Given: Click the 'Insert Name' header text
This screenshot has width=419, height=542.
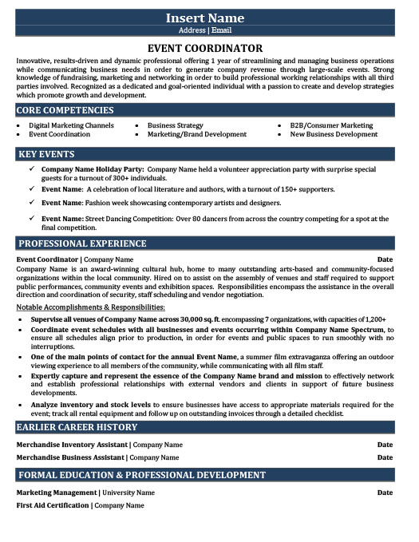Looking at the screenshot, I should tap(208, 18).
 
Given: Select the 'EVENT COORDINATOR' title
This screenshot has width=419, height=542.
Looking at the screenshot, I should tap(208, 49).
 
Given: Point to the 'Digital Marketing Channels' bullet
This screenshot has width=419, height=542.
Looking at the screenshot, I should tap(71, 125).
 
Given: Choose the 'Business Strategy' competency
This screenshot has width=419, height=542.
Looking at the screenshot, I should tap(175, 125).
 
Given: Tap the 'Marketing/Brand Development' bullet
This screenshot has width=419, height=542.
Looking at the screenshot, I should tap(196, 135).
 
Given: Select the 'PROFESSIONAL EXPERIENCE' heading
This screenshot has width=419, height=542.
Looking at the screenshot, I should tap(82, 243).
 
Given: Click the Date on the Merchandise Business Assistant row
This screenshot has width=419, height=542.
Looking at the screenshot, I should tap(385, 457).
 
